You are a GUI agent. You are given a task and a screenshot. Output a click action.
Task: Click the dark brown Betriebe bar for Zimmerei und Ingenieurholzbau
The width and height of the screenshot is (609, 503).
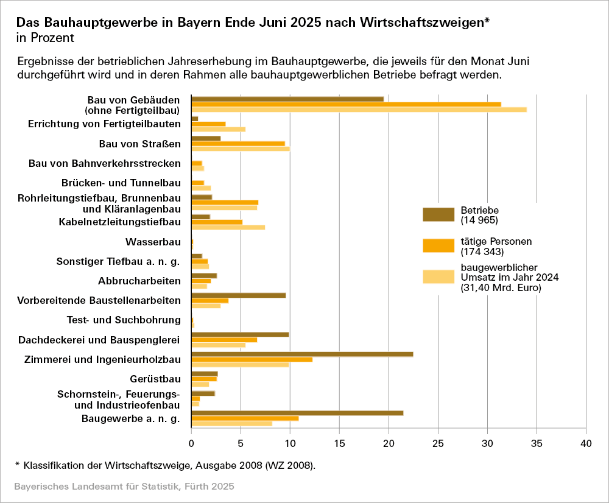click(302, 354)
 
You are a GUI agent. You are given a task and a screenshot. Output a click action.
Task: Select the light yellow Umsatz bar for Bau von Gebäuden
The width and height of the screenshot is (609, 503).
click(359, 110)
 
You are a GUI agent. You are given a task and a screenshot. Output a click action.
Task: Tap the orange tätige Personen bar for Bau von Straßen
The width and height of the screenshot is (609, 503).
click(238, 144)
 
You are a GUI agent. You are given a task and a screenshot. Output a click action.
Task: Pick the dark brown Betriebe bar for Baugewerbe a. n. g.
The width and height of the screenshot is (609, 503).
click(297, 413)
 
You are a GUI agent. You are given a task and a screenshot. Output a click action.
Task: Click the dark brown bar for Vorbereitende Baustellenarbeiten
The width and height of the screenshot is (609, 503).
click(238, 295)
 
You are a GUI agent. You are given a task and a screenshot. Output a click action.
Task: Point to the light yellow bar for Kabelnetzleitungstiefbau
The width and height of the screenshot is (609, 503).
click(228, 227)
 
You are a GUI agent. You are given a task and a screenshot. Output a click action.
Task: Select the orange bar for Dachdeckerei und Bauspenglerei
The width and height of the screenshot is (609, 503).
click(224, 340)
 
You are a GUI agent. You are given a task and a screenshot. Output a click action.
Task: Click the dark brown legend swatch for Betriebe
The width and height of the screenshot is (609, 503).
click(438, 214)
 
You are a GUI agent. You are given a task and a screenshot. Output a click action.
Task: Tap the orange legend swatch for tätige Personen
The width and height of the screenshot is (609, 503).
click(438, 245)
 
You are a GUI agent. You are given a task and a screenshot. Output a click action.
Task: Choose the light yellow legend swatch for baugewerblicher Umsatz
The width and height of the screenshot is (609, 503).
click(438, 277)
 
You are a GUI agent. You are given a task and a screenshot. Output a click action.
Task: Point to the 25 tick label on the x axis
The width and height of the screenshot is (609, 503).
click(438, 445)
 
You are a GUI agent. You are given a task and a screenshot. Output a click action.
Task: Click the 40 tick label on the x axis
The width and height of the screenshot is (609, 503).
click(586, 445)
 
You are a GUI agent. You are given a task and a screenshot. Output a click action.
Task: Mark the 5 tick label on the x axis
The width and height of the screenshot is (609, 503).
click(241, 445)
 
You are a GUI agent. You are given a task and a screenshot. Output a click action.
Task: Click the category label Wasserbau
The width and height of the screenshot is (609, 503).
click(153, 242)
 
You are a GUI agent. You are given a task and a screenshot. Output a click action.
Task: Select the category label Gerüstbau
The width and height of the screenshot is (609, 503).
click(155, 379)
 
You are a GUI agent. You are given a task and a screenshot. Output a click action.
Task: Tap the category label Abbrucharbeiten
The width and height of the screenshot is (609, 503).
click(139, 281)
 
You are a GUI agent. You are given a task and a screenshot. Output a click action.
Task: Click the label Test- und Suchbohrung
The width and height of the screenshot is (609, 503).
click(124, 320)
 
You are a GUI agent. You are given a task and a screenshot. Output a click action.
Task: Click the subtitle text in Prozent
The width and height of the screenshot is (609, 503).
click(45, 38)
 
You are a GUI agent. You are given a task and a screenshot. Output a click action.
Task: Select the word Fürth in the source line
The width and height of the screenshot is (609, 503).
click(195, 487)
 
